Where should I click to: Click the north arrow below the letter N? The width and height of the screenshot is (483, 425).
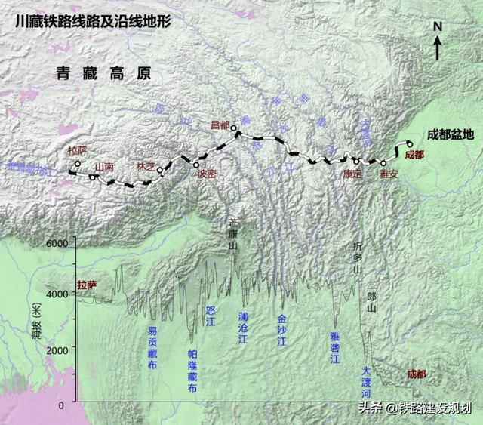pyautogui.click(x=437, y=48)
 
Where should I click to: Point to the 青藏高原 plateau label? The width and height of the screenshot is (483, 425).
pyautogui.click(x=103, y=74)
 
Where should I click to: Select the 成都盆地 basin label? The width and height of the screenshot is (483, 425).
pyautogui.click(x=451, y=135)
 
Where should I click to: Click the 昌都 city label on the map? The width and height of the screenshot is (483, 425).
pyautogui.click(x=219, y=125)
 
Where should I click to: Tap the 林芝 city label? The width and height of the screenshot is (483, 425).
pyautogui.click(x=146, y=165)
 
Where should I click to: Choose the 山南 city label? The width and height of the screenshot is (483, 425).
pyautogui.click(x=103, y=166)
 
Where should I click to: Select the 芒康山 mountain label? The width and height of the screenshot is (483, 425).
pyautogui.click(x=234, y=236)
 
